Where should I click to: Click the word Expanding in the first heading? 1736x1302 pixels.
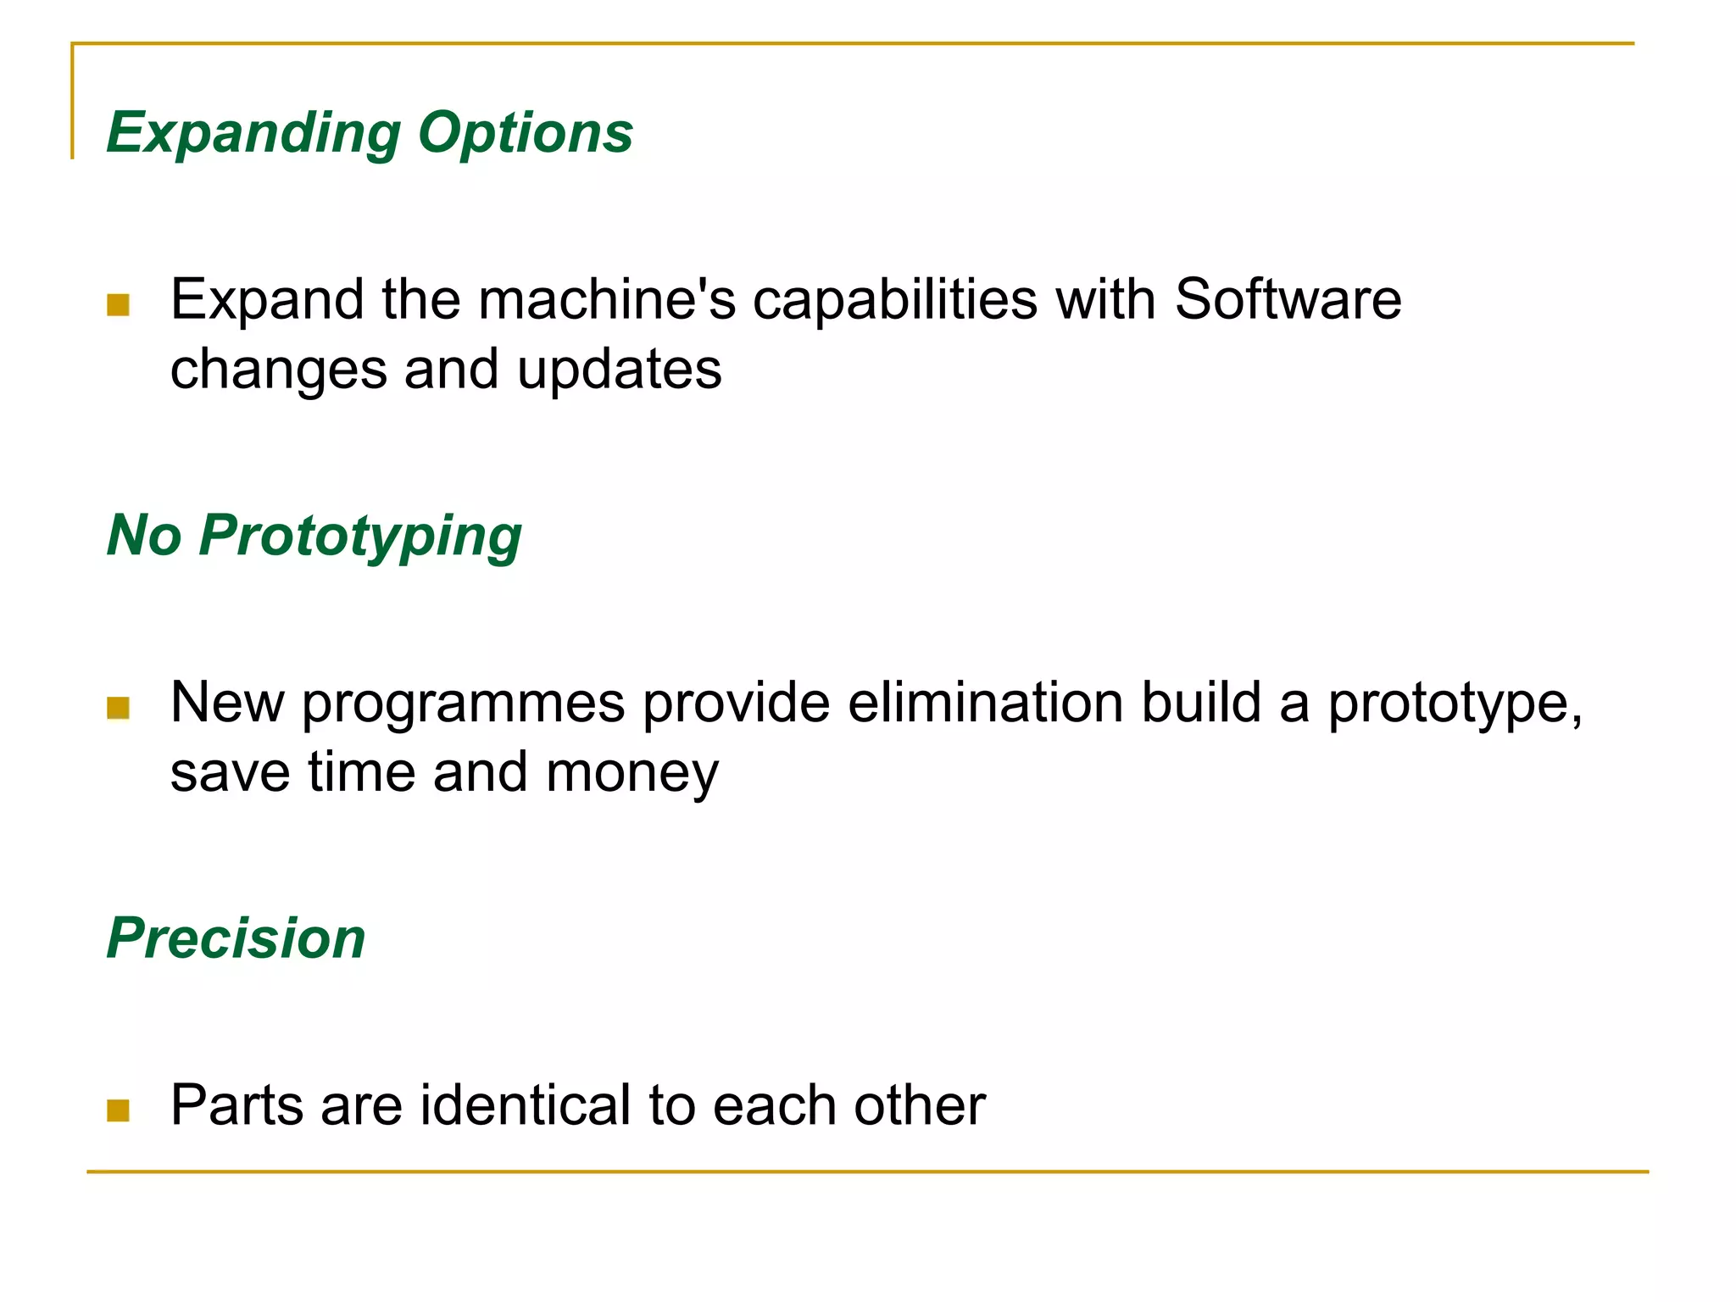[253, 134]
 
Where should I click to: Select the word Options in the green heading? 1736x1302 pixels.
[526, 134]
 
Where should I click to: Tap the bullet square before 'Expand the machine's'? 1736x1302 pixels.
[119, 304]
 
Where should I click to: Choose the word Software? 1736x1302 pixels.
[1288, 300]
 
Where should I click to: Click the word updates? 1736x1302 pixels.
[619, 370]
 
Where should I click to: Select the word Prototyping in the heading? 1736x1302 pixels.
[360, 537]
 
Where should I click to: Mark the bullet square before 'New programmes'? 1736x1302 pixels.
[119, 707]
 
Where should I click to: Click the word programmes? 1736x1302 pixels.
[463, 704]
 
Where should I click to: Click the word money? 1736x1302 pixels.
[632, 772]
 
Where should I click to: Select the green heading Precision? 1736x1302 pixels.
[236, 938]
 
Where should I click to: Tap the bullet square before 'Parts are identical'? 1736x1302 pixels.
[119, 1110]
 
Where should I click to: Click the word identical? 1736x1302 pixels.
[526, 1105]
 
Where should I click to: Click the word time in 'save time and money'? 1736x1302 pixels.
[361, 772]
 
